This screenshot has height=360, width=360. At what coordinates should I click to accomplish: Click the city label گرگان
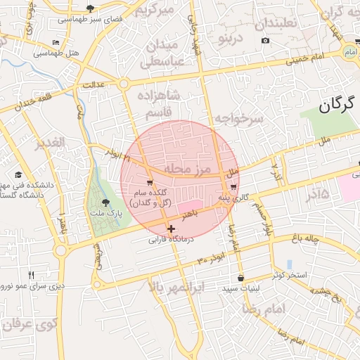coord(334,106)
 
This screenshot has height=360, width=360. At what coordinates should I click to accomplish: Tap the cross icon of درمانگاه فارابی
coord(171,229)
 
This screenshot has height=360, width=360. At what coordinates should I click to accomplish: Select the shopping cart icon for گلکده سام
coord(150,182)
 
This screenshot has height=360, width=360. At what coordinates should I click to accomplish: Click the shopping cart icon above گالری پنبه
coord(233,187)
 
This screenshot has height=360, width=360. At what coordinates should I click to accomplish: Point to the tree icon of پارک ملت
coord(106,202)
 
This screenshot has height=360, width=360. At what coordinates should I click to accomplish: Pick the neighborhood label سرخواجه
coord(238,118)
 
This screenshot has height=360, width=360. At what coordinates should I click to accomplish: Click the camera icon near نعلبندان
coord(265,40)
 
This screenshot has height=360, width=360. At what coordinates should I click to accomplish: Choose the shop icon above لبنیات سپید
coord(241,278)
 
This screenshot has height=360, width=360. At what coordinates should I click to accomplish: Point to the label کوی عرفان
coord(28,325)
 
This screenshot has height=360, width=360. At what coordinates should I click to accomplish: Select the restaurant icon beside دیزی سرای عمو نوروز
coord(31,274)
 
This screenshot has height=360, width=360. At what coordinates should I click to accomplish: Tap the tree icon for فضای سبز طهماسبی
coord(91,8)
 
